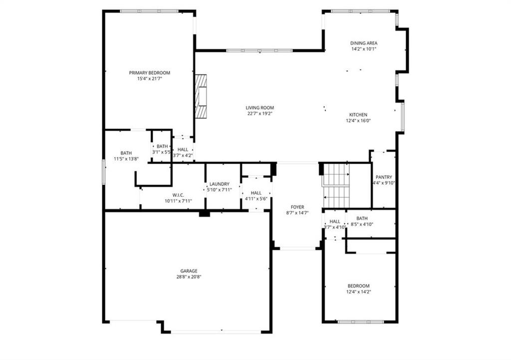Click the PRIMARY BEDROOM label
pyautogui.click(x=150, y=73)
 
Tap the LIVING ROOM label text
pyautogui.click(x=259, y=108)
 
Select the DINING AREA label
pyautogui.click(x=364, y=43)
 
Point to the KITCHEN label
pyautogui.click(x=358, y=115)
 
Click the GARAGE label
pyautogui.click(x=189, y=271)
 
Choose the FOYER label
pyautogui.click(x=297, y=207)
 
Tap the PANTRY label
pyautogui.click(x=384, y=178)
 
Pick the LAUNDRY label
pyautogui.click(x=220, y=184)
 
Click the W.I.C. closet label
pyautogui.click(x=178, y=195)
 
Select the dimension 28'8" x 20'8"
pyautogui.click(x=189, y=277)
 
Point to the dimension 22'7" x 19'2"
pyautogui.click(x=259, y=114)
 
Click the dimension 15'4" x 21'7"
pyautogui.click(x=150, y=79)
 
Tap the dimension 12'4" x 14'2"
pyautogui.click(x=358, y=292)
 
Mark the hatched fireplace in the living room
pyautogui.click(x=201, y=96)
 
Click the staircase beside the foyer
pyautogui.click(x=336, y=185)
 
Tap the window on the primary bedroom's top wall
pyautogui.click(x=149, y=11)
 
